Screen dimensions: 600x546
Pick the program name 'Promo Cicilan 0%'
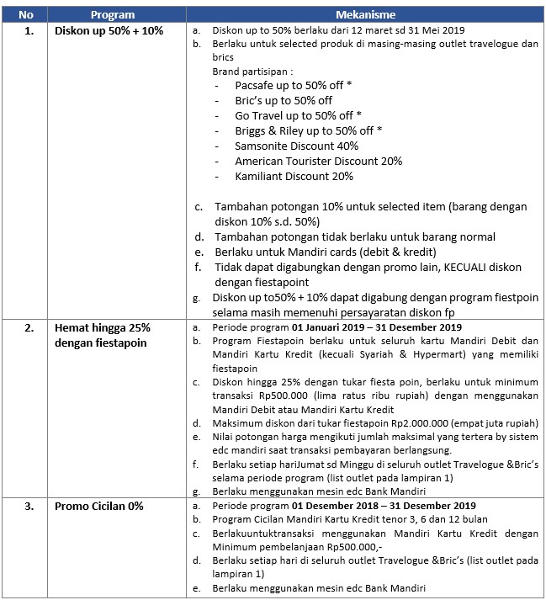tap(99, 506)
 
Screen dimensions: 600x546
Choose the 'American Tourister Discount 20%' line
tap(318, 161)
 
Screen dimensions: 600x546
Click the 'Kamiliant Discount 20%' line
tap(294, 176)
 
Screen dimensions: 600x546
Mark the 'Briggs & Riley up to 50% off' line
tap(309, 130)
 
